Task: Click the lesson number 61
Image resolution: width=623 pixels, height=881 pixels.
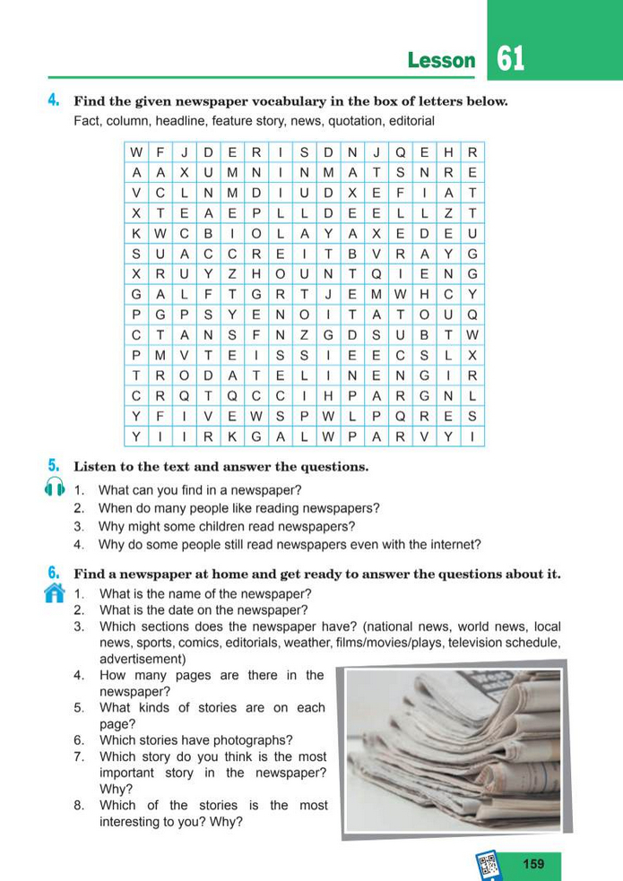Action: click(x=509, y=59)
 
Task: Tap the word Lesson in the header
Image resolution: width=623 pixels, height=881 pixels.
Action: click(x=441, y=61)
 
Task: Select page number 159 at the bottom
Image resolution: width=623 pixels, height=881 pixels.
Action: click(x=532, y=864)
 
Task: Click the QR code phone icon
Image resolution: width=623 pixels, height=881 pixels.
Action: click(x=489, y=865)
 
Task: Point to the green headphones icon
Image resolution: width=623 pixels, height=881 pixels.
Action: click(x=53, y=488)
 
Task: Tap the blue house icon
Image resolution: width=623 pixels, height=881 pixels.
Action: click(x=55, y=592)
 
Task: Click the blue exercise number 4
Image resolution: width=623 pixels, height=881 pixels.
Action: click(x=54, y=100)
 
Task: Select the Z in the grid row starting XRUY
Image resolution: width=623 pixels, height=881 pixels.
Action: click(x=232, y=272)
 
